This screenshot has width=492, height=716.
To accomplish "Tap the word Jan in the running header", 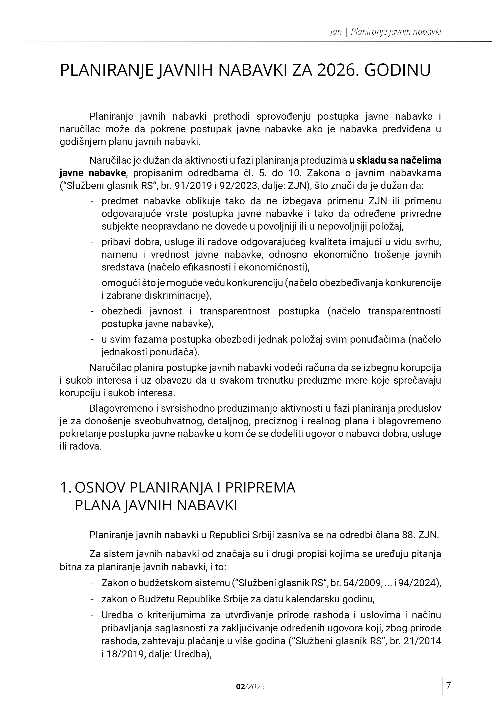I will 336,32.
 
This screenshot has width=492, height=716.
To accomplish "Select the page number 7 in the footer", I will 449,685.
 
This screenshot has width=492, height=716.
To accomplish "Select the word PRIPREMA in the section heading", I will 260,487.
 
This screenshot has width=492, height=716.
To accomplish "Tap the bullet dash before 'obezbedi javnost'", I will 92,311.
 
